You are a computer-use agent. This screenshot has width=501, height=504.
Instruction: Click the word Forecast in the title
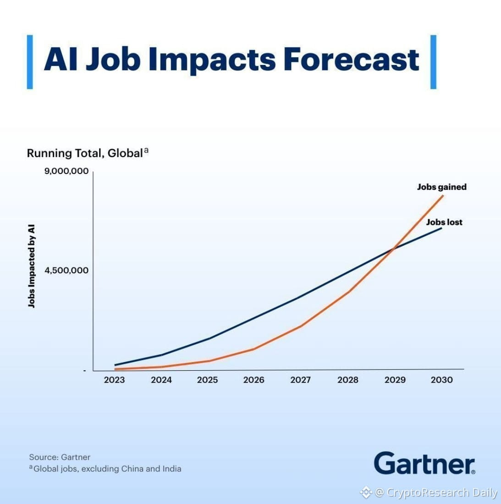351,60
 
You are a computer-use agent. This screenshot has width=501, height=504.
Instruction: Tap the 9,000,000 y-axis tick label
66,171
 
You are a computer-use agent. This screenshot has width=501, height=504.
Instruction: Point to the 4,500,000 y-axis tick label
66,271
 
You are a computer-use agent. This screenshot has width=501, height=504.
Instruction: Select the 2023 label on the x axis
114,380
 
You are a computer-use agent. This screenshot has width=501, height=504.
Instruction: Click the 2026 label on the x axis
254,380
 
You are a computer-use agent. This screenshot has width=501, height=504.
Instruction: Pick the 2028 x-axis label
348,380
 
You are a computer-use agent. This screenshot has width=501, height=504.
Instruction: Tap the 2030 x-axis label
442,380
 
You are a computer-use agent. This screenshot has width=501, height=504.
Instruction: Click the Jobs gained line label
442,187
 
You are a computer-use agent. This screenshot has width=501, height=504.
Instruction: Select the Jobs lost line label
444,222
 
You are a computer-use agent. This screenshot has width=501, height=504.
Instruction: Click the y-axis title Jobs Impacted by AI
31,266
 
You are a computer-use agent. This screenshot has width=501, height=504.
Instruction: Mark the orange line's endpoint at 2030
443,195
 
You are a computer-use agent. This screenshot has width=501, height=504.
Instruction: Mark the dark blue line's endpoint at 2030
441,228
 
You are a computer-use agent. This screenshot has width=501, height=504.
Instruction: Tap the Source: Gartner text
60,457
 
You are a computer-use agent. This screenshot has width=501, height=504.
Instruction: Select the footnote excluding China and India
105,469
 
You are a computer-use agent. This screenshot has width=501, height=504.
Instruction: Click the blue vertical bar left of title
30,62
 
